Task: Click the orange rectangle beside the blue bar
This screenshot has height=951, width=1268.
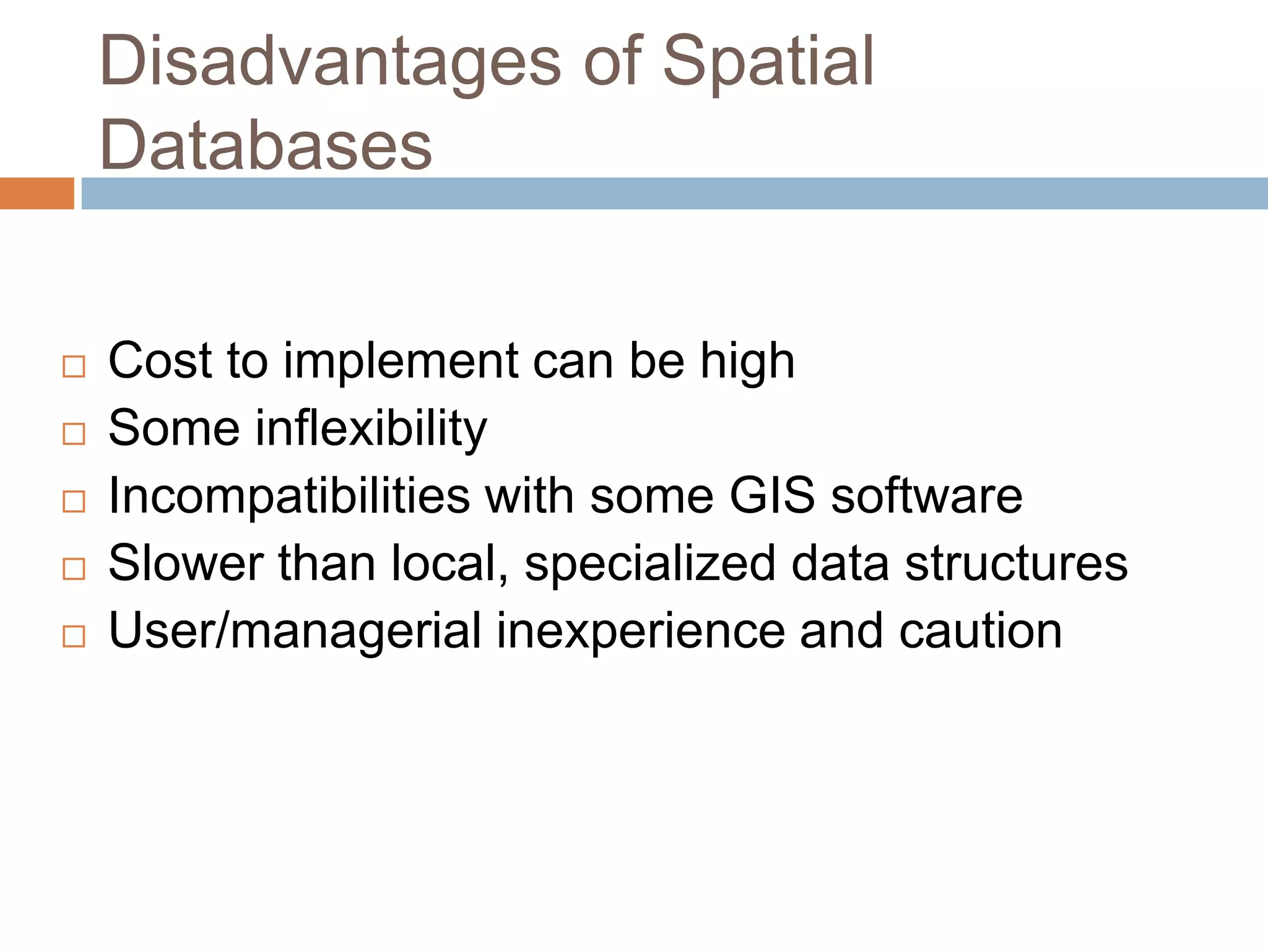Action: pyautogui.click(x=37, y=193)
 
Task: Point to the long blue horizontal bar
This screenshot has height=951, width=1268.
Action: pyautogui.click(x=674, y=193)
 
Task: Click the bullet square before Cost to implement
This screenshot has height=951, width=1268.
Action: pyautogui.click(x=74, y=367)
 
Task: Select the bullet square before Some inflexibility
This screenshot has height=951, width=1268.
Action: pyautogui.click(x=74, y=434)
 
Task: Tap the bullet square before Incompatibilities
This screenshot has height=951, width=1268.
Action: pyautogui.click(x=74, y=502)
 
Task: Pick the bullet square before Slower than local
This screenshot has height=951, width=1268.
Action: pyautogui.click(x=74, y=569)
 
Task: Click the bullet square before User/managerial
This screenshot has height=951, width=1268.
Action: pyautogui.click(x=74, y=636)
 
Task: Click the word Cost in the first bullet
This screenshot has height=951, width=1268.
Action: pyautogui.click(x=160, y=361)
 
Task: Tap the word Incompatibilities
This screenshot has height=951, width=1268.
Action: pyautogui.click(x=289, y=496)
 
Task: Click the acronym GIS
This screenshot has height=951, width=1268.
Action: pyautogui.click(x=771, y=496)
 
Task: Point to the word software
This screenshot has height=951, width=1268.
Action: pyautogui.click(x=926, y=496)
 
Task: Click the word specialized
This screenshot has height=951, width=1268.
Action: pyautogui.click(x=649, y=564)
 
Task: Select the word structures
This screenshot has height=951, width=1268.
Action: pyautogui.click(x=1016, y=564)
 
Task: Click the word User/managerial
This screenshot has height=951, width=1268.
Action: pyautogui.click(x=295, y=632)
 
